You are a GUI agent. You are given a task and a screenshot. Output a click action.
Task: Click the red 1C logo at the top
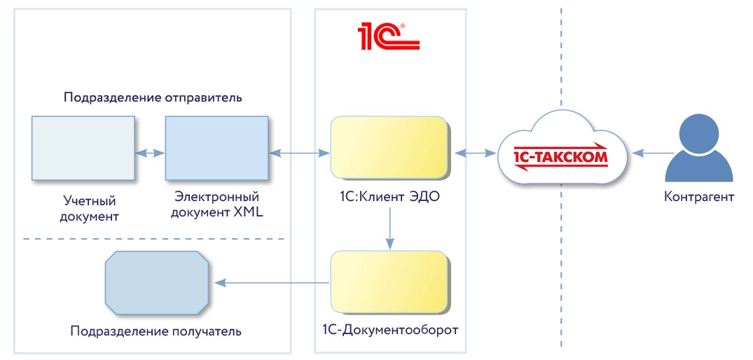[388, 36]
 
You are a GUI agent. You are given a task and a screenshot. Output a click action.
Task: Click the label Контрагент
[698, 197]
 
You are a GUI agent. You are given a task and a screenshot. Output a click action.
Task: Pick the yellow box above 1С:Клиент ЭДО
[389, 147]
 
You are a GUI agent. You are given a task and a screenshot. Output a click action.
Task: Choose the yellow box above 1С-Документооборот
[389, 282]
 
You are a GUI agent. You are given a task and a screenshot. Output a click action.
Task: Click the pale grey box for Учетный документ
[83, 148]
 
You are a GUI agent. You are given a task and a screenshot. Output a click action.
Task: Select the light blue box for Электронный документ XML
[216, 148]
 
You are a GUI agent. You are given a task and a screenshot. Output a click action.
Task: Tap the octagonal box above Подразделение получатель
[157, 282]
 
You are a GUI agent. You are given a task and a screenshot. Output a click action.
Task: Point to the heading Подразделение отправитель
[153, 97]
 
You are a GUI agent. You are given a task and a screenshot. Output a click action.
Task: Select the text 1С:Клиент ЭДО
[389, 197]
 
